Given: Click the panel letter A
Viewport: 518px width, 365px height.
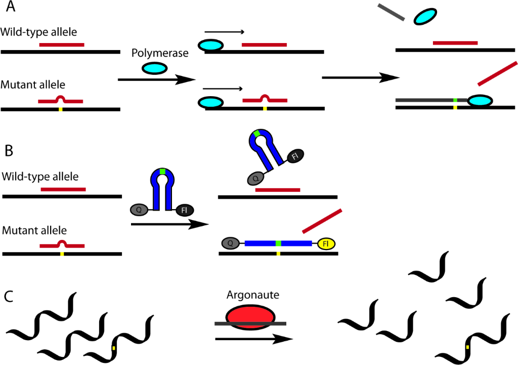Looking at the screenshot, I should click(10, 9).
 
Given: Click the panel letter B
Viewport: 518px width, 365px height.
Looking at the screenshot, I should click(9, 150).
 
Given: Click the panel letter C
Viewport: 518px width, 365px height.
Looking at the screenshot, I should click(9, 296).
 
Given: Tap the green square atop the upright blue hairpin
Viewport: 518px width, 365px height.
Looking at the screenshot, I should click(162, 171).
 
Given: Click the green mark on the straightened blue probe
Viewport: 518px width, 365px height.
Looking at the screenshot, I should click(278, 244).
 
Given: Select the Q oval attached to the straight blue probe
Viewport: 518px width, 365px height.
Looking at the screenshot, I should click(230, 244).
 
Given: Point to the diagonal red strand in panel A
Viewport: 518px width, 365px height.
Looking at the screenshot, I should click(497, 73).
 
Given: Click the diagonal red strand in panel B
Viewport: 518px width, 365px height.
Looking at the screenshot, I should click(323, 221).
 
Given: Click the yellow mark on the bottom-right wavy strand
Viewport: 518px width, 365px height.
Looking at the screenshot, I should click(467, 347).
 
